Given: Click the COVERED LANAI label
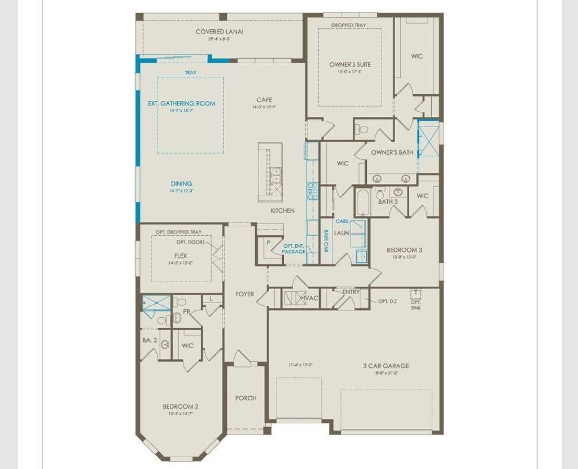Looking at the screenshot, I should point(220,32).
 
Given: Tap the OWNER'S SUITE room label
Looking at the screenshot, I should point(350,65).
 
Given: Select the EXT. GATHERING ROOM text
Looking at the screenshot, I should point(182,103).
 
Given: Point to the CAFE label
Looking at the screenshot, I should point(264,100).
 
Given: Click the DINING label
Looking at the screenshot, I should point(181,183).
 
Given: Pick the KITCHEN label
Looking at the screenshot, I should point(282,211).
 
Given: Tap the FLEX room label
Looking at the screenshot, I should point(181,256).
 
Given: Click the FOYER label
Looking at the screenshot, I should point(245,294).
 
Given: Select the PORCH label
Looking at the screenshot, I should point(246,398).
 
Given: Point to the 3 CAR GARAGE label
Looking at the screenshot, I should point(386,366).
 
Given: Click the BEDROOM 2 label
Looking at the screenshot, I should point(181,406).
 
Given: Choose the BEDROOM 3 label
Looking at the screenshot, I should point(404,250).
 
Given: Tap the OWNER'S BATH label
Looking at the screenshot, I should point(392,152).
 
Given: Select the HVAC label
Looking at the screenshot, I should point(309,298).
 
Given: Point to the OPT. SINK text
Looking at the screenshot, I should point(415,305).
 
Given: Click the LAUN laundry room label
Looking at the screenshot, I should point(341,233).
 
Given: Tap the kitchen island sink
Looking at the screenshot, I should point(275,176).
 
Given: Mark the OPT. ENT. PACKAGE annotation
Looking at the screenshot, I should point(294,248).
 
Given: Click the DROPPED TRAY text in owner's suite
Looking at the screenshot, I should point(348,25).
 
